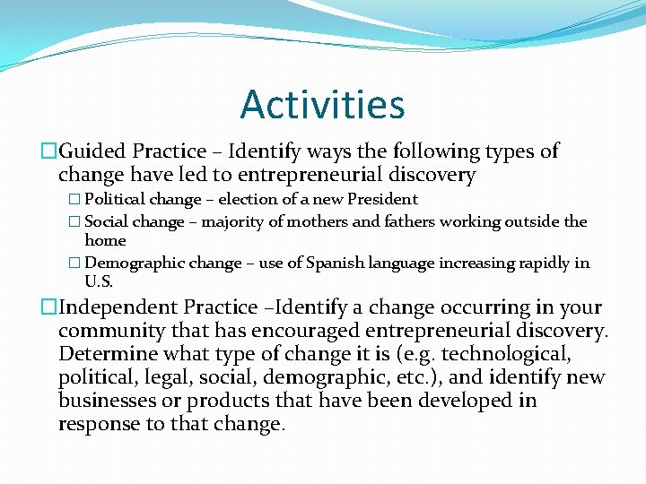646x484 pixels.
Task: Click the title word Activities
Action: coord(322,104)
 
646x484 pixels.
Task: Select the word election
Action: coord(251,199)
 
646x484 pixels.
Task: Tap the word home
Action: coord(105,240)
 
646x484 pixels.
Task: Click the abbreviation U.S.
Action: coord(99,281)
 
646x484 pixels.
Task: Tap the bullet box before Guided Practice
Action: coord(49,152)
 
